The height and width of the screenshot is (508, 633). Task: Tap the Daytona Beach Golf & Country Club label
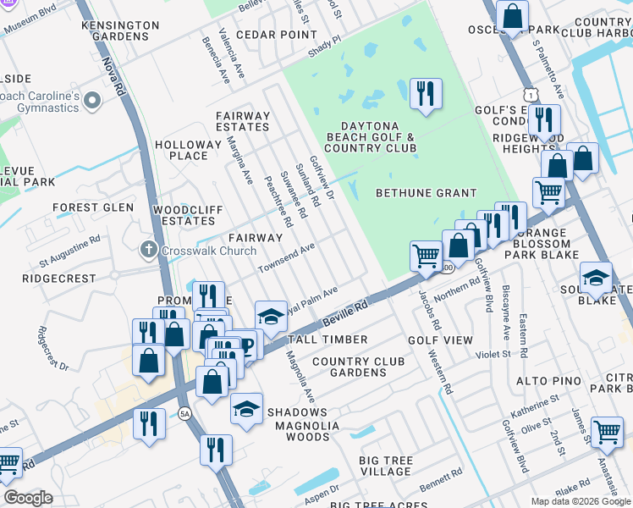[370, 135]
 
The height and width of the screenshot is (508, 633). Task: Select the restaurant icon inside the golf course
[426, 94]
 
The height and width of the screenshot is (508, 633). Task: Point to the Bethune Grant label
[427, 193]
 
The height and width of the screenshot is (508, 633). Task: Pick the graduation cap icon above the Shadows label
[246, 408]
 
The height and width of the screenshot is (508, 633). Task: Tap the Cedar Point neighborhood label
[276, 35]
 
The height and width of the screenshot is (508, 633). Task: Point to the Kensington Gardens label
[120, 31]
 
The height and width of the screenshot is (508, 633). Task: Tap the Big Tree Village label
[386, 467]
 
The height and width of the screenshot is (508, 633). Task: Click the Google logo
[29, 499]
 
